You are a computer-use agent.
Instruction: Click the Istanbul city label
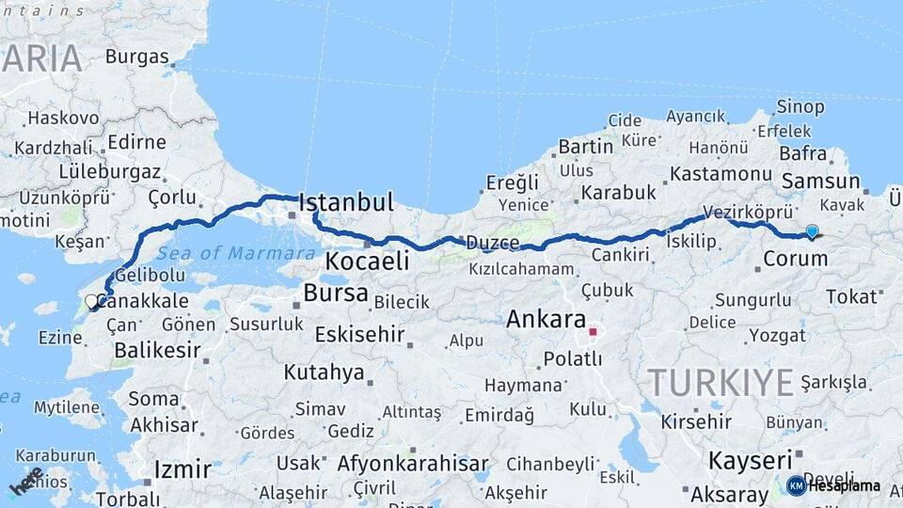345,202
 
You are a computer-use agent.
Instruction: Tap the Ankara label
546,319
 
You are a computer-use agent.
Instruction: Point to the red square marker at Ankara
593,331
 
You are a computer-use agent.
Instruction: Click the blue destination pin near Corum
812,231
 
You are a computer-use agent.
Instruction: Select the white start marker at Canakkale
91,301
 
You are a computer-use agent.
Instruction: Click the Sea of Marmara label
236,253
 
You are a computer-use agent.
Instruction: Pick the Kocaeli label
367,261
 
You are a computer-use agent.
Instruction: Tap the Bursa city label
335,294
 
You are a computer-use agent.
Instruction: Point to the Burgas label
136,56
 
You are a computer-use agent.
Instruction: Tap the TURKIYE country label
721,383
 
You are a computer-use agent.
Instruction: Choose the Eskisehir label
359,334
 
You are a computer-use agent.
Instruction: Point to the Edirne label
136,142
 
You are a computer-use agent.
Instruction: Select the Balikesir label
156,351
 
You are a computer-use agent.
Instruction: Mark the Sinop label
800,106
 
